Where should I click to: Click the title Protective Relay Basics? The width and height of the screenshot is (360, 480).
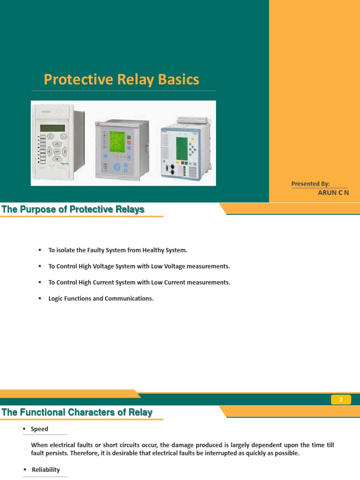pos(121,80)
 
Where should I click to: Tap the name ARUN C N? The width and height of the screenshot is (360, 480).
pos(333,192)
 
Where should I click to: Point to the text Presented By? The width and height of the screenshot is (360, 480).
pos(311,184)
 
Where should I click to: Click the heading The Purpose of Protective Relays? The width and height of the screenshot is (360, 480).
pos(73,210)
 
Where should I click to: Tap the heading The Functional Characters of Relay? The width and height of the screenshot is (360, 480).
pos(77,412)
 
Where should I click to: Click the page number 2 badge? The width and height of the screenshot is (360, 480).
pos(341,400)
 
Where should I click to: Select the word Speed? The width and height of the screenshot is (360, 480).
pos(39,429)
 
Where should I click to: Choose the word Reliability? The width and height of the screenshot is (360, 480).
pos(45,470)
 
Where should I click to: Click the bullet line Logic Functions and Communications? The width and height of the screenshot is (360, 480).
pos(101,299)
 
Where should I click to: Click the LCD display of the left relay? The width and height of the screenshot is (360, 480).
pos(53,128)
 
